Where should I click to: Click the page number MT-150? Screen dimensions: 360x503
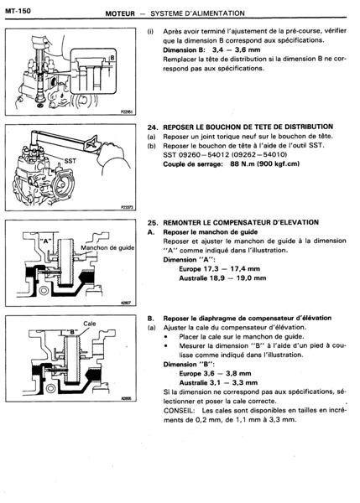coord(18,11)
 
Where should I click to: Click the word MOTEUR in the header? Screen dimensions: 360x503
coord(120,13)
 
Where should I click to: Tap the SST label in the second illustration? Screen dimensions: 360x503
coord(70,160)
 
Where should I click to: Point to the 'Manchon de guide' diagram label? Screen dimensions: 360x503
coord(107,247)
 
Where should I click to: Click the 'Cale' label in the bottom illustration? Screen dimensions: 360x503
coord(90,324)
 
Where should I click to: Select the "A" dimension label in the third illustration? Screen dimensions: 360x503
coord(45,241)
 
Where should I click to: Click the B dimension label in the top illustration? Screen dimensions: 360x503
coord(112,58)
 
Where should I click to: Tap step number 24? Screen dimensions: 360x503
coord(152,127)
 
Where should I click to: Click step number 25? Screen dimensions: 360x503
coord(152,223)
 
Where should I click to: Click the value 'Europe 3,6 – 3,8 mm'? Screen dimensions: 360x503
coord(215,373)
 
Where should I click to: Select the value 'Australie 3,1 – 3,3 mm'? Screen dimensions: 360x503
coord(218,383)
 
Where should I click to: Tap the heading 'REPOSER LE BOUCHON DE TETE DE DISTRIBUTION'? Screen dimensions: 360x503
coord(248,127)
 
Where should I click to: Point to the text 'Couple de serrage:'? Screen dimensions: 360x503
coord(193,164)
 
